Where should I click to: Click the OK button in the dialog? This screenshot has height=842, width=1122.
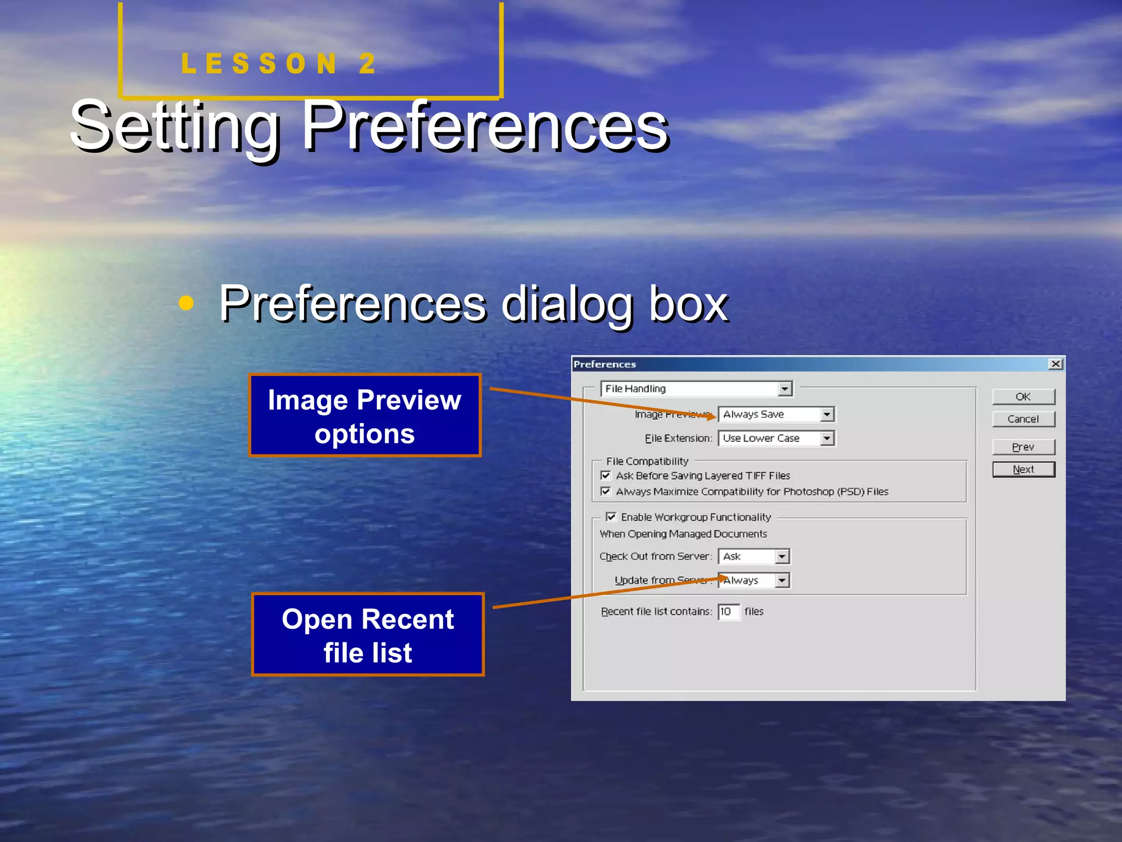coord(1023,397)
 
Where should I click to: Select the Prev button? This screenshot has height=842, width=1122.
coord(1023,447)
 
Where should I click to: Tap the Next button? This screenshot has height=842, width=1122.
coord(1023,470)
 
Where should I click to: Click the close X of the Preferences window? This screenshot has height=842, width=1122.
coord(1055,364)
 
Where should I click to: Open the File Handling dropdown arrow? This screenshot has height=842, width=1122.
coord(785,389)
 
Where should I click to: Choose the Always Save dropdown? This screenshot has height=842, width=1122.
coord(776,414)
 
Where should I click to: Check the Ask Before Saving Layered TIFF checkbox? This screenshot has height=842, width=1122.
coord(605,475)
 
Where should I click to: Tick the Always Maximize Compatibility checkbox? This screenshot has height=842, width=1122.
coord(605,491)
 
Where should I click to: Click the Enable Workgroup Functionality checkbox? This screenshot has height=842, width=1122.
coord(611,517)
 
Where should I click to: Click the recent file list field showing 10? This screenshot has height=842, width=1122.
coord(728,612)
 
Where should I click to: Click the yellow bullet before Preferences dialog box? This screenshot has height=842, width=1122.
coord(186,303)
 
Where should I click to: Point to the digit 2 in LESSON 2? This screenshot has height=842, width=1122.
coord(367,64)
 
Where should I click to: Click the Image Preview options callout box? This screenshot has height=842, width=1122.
coord(365,416)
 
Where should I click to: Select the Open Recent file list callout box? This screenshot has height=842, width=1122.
coord(368,635)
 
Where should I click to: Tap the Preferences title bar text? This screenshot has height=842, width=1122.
coord(605,365)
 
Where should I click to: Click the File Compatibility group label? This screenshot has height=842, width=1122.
coord(647,462)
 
